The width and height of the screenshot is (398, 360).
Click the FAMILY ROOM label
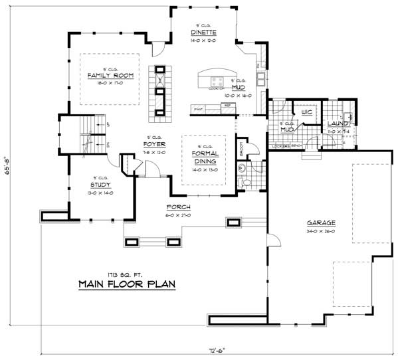click(x=111, y=76)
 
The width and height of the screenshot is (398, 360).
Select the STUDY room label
click(x=100, y=185)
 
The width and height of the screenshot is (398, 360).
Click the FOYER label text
click(x=154, y=144)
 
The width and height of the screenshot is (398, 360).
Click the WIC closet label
click(x=306, y=112)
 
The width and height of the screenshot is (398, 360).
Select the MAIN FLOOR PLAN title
click(x=126, y=284)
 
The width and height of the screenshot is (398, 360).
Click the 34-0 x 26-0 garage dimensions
click(x=320, y=230)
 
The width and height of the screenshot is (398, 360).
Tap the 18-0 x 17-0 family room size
click(x=111, y=84)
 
